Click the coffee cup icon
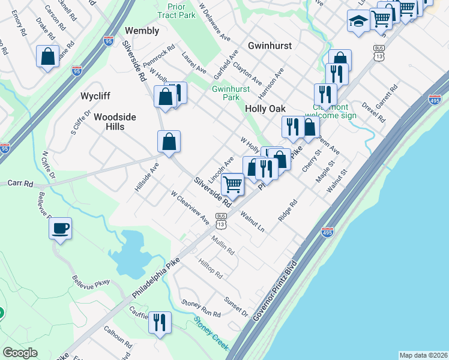click(x=61, y=229)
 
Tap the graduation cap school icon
click(x=358, y=21)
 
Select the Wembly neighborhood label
click(x=142, y=30)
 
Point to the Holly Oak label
click(x=265, y=108)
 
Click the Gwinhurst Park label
click(x=226, y=93)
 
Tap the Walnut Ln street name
click(x=252, y=221)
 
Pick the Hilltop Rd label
click(x=211, y=268)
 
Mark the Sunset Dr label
click(x=236, y=306)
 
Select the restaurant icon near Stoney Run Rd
click(x=160, y=323)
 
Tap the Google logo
click(x=20, y=353)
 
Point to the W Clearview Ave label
click(x=190, y=208)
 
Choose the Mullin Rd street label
click(x=223, y=245)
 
